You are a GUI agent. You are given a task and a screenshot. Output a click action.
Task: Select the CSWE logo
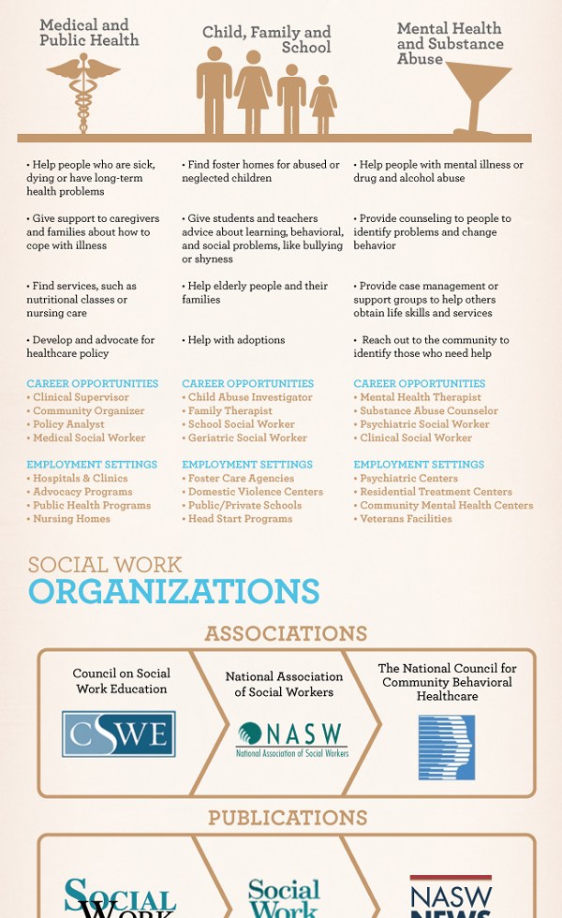click(119, 733)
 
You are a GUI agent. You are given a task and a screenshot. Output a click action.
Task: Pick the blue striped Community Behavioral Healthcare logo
click(447, 747)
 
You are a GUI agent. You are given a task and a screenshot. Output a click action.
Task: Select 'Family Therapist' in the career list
click(229, 410)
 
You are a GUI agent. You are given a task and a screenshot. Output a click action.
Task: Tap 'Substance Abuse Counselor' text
click(429, 410)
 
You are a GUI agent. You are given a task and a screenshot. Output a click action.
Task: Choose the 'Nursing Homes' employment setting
click(71, 518)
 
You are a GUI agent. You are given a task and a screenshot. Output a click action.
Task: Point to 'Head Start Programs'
click(240, 518)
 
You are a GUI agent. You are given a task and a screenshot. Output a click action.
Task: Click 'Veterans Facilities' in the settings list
click(406, 518)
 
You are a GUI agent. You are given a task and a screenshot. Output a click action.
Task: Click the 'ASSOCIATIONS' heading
click(286, 633)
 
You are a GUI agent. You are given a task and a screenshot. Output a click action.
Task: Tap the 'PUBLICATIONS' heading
click(288, 818)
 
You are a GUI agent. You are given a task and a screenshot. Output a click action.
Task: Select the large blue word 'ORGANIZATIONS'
click(174, 591)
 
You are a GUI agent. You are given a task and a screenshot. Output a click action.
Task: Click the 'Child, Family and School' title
click(267, 39)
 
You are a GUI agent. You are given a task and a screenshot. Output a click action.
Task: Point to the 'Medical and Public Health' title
click(89, 33)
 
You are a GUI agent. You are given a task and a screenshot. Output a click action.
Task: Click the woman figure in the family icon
click(253, 94)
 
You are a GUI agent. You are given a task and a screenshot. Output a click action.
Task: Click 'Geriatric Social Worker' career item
click(247, 437)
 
